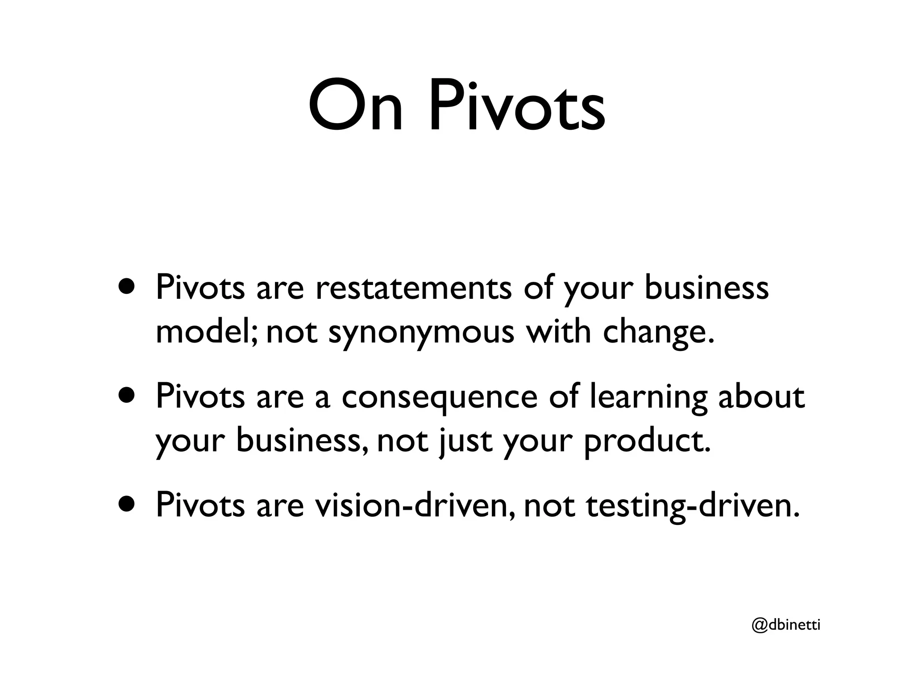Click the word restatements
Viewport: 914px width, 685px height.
pyautogui.click(x=413, y=288)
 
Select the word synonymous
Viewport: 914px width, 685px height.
pyautogui.click(x=421, y=332)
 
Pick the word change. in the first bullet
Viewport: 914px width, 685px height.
pyautogui.click(x=659, y=332)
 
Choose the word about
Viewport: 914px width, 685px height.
pyautogui.click(x=761, y=396)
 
